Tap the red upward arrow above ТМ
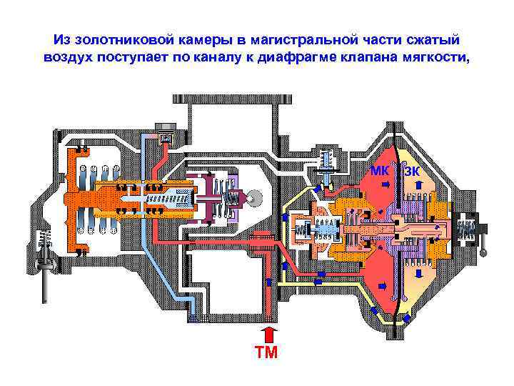[268, 334]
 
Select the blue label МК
[380, 172]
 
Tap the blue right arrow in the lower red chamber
[382, 286]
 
